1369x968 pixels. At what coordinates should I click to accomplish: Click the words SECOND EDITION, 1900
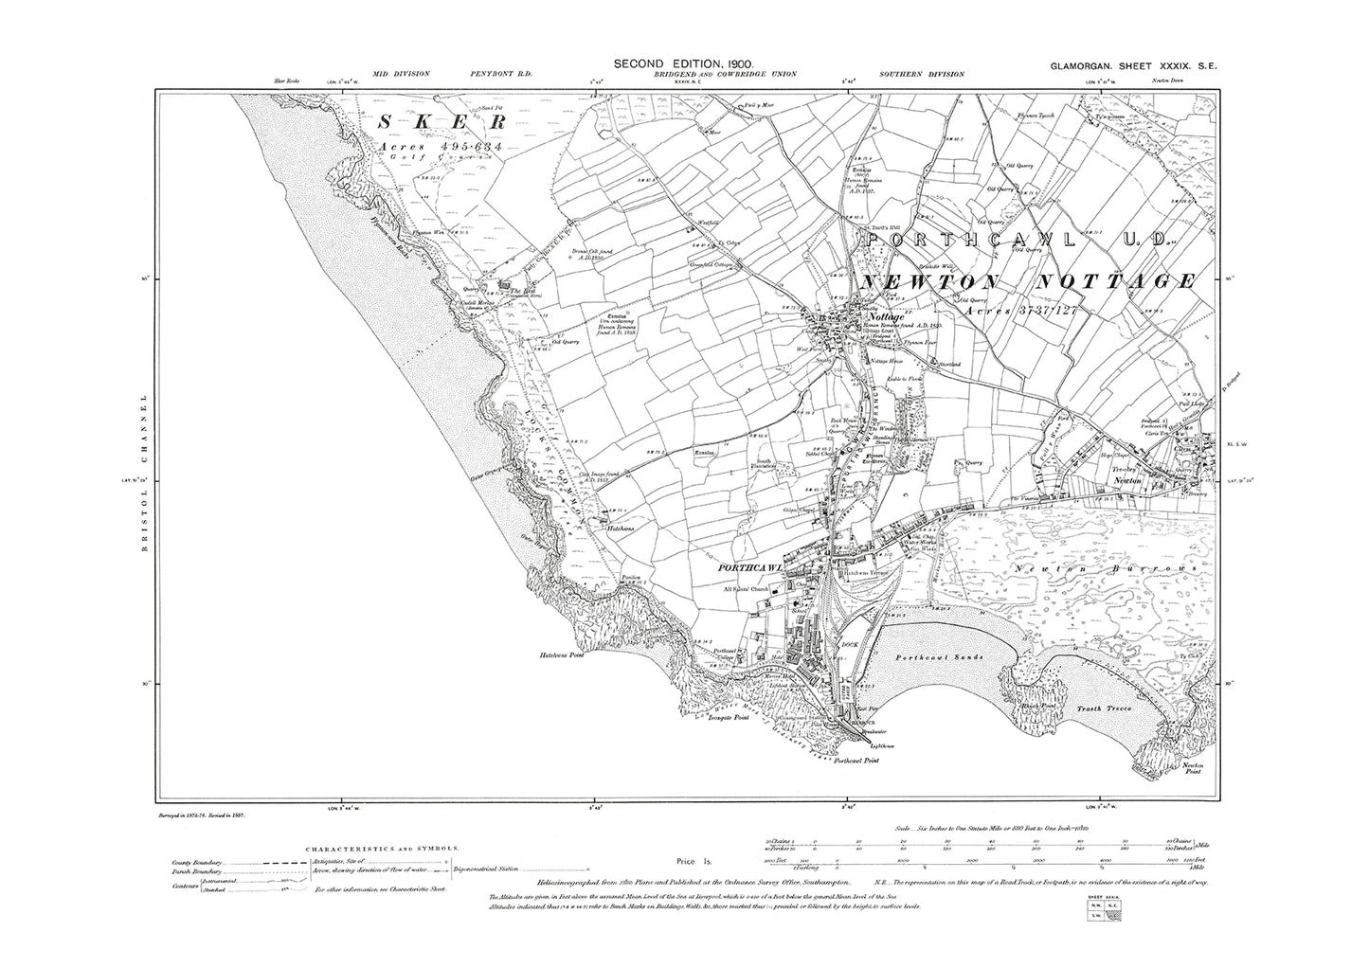pyautogui.click(x=684, y=63)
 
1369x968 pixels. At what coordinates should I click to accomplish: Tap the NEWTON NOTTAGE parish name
pyautogui.click(x=1026, y=282)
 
